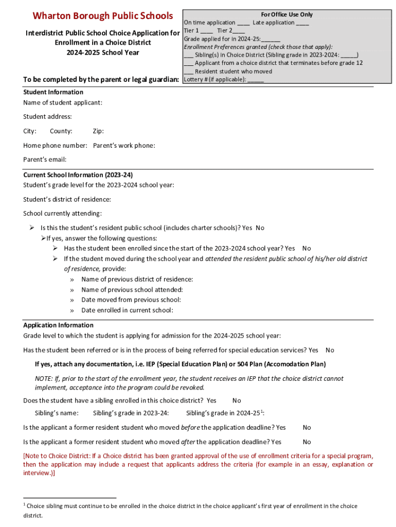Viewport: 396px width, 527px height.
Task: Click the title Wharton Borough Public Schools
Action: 103,16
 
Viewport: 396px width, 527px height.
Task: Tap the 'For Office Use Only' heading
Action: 286,14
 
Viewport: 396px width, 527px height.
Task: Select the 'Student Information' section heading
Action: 53,92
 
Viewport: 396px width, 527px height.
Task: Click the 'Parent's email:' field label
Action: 45,160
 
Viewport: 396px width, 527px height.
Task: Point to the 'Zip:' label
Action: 98,131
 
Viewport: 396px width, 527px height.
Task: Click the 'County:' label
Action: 61,131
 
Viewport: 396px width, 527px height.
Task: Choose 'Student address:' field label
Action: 47,117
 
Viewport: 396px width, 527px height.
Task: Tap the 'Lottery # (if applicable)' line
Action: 224,79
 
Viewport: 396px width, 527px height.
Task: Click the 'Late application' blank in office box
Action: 302,23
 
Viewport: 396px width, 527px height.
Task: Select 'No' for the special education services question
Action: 330,350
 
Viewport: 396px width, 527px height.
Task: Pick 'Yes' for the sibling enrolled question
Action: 211,400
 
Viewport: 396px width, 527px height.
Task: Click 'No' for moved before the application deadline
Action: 307,427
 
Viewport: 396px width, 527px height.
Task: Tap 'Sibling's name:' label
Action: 57,413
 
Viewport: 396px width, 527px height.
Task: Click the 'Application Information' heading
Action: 58,325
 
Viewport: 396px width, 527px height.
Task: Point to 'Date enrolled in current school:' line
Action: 127,310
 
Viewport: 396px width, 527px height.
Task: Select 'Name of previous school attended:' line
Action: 132,290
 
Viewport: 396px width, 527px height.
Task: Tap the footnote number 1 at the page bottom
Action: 25,505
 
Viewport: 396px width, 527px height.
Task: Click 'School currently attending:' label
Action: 62,214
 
